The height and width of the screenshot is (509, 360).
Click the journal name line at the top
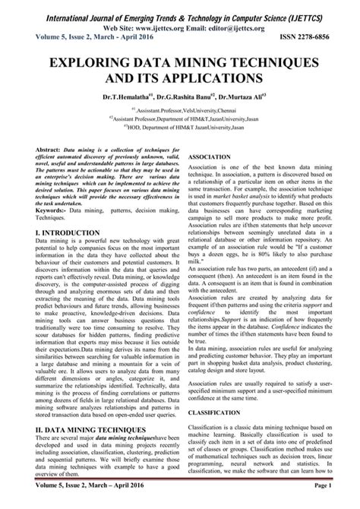(179, 10)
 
